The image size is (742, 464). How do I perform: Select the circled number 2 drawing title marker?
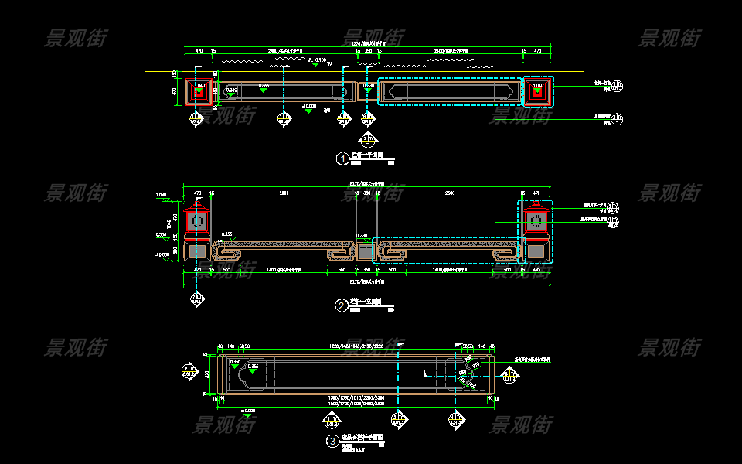[x=342, y=305]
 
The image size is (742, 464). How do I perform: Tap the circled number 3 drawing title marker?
[x=333, y=442]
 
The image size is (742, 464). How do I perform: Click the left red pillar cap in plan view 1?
[x=200, y=90]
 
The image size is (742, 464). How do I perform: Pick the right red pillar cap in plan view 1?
[x=539, y=90]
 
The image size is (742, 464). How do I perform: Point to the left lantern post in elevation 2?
[x=197, y=230]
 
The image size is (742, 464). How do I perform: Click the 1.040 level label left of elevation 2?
[x=162, y=194]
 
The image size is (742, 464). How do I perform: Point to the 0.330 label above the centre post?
[x=362, y=235]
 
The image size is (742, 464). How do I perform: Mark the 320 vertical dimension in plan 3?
[x=207, y=374]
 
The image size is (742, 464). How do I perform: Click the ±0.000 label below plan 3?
[x=249, y=411]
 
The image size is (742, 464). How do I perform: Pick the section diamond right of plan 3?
[x=509, y=376]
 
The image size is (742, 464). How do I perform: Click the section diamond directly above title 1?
[x=367, y=139]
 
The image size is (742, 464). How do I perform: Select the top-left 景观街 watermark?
[x=77, y=37]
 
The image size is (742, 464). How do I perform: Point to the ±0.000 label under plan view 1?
[x=309, y=106]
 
